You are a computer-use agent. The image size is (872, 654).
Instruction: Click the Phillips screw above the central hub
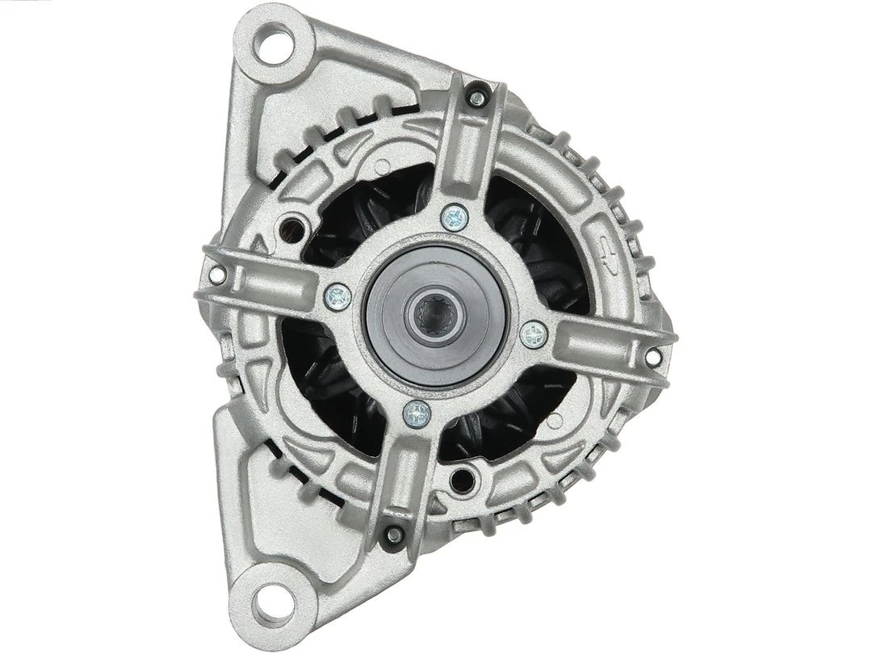pyautogui.click(x=455, y=216)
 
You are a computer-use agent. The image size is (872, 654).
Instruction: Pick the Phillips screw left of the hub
pyautogui.click(x=337, y=296)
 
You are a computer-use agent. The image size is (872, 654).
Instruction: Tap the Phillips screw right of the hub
pyautogui.click(x=534, y=334)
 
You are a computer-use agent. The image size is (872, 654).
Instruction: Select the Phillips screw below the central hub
pyautogui.click(x=417, y=414)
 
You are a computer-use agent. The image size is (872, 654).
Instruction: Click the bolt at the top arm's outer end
pyautogui.click(x=477, y=99)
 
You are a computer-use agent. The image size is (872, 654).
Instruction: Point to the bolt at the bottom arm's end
pyautogui.click(x=394, y=533)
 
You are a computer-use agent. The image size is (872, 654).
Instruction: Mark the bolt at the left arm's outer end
pyautogui.click(x=216, y=275)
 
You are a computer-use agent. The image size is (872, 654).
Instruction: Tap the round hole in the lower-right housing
pyautogui.click(x=462, y=478)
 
